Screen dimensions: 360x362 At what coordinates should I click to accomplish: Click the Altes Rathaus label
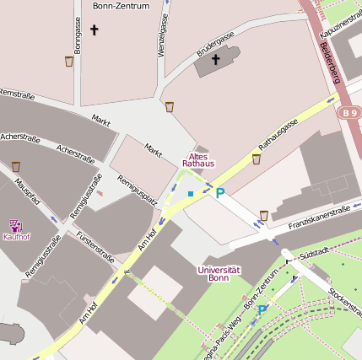point(199,159)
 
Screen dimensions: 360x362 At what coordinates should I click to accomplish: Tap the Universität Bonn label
point(218,273)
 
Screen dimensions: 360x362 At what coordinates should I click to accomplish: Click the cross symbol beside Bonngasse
point(94,31)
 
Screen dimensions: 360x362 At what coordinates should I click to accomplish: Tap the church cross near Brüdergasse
point(215,59)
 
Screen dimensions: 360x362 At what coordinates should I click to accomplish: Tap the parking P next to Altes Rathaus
point(220,193)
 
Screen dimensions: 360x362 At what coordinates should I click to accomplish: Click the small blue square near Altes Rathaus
point(191,194)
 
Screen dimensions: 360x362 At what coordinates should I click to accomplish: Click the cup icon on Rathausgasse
point(256,159)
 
